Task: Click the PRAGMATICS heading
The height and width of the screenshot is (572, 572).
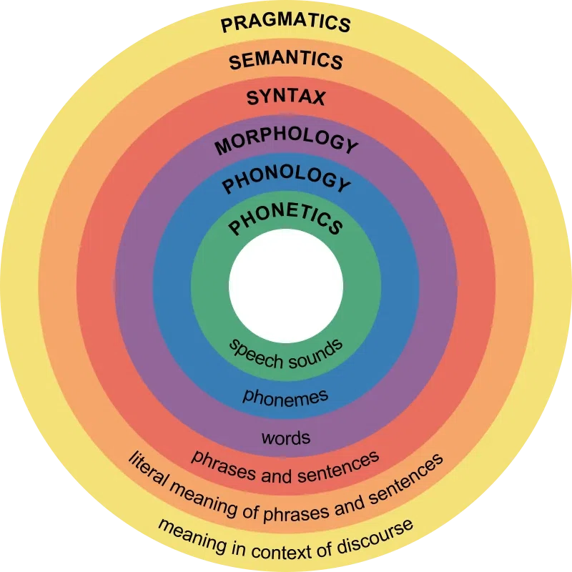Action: (285, 23)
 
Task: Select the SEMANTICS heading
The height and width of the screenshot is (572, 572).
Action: (285, 60)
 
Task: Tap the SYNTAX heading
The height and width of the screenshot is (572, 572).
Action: (285, 97)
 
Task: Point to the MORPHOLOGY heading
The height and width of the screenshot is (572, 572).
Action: (286, 140)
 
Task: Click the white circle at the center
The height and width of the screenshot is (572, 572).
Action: (286, 286)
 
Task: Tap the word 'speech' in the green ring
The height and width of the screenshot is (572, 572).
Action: (256, 353)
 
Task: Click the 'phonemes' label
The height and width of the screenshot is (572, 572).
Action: (285, 398)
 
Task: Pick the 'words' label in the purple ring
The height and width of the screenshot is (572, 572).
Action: (286, 438)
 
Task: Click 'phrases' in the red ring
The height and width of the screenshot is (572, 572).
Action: (223, 464)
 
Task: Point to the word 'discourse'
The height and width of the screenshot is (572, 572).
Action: (376, 536)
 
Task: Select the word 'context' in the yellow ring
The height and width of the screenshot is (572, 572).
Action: (281, 551)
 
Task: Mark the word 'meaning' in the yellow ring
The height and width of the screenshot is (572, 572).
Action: (192, 536)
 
